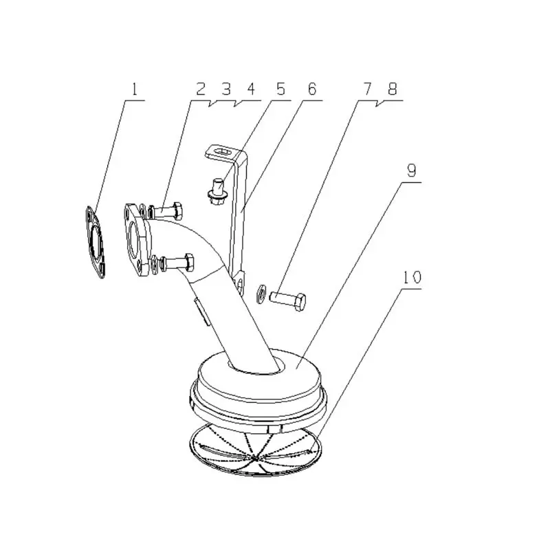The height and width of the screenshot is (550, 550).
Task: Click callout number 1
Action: pyautogui.click(x=135, y=89)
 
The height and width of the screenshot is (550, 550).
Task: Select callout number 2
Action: pyautogui.click(x=201, y=89)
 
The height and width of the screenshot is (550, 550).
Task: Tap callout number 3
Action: pyautogui.click(x=226, y=89)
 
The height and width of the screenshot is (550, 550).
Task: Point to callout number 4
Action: pyautogui.click(x=251, y=89)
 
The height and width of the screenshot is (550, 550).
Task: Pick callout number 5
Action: pyautogui.click(x=280, y=89)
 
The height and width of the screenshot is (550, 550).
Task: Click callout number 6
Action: pyautogui.click(x=312, y=89)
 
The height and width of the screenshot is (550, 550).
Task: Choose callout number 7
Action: pyautogui.click(x=367, y=89)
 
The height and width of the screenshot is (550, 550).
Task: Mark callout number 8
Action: pyautogui.click(x=393, y=89)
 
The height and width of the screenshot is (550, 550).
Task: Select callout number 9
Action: pyautogui.click(x=411, y=170)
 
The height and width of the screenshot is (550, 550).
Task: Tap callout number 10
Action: pyautogui.click(x=412, y=278)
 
